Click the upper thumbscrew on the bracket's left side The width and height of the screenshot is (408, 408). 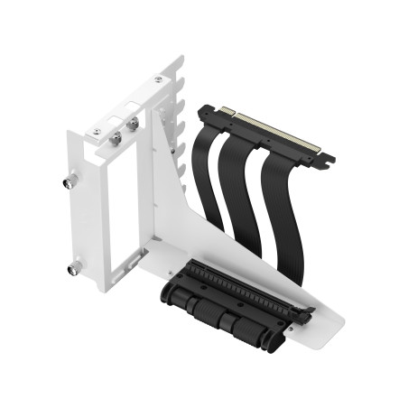click(x=70, y=181)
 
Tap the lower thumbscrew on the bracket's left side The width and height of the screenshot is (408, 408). click(x=73, y=267)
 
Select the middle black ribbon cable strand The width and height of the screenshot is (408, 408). click(x=236, y=194)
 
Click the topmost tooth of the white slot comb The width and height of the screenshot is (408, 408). click(x=180, y=65)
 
